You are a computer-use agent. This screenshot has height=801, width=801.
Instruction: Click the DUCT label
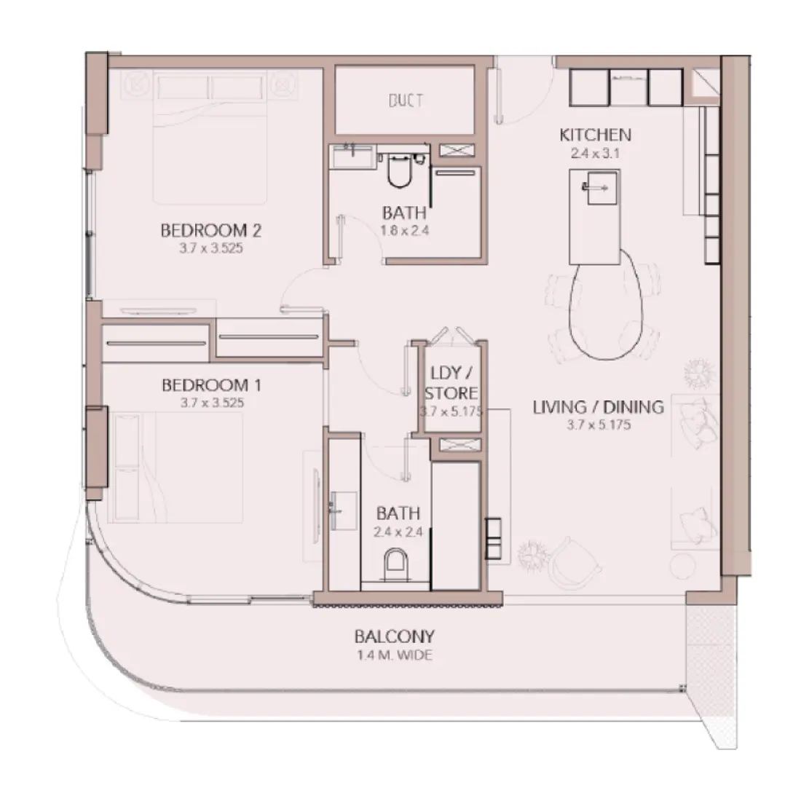click(x=406, y=100)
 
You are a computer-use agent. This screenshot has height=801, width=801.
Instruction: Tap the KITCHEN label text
click(x=595, y=135)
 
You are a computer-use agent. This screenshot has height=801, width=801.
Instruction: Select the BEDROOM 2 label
click(x=210, y=231)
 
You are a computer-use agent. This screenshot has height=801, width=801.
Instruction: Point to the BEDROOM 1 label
click(x=210, y=384)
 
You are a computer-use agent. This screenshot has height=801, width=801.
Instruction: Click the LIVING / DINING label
click(x=598, y=407)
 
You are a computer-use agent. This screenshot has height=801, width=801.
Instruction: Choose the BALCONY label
click(x=394, y=636)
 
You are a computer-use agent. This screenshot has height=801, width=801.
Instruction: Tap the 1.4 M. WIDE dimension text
click(x=394, y=655)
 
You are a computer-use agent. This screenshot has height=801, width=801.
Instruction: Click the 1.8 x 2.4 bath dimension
click(x=404, y=232)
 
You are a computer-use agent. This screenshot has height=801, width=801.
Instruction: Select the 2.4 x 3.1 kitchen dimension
click(x=595, y=153)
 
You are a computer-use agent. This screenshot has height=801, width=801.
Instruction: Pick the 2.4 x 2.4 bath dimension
click(x=398, y=532)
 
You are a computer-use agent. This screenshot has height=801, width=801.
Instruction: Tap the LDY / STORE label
click(x=451, y=384)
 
